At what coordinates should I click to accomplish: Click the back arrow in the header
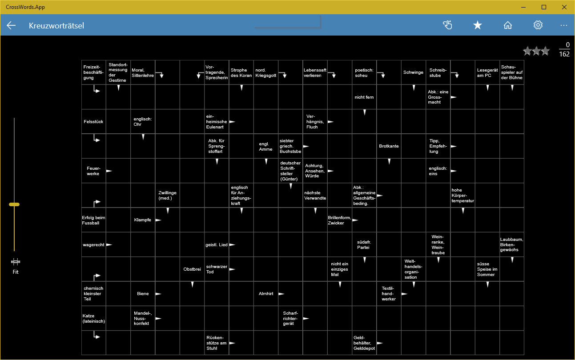(11, 25)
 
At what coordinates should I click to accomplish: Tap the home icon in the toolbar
(507, 25)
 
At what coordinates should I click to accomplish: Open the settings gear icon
(538, 25)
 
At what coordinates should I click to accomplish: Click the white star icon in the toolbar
(478, 25)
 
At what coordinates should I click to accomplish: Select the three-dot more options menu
(564, 25)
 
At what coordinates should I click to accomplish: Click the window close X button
(564, 7)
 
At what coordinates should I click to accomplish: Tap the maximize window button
(544, 7)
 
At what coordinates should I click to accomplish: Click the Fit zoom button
(16, 266)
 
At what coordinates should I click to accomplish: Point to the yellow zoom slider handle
(14, 204)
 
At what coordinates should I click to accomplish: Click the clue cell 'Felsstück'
(93, 122)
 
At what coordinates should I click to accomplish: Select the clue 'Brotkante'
(389, 146)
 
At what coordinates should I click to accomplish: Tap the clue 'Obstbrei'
(192, 269)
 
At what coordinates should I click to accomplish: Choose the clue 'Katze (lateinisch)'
(94, 318)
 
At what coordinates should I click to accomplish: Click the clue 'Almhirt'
(266, 293)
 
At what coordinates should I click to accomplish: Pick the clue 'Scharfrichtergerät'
(290, 318)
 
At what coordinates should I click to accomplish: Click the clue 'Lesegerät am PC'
(487, 72)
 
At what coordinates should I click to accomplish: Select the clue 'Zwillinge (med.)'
(167, 195)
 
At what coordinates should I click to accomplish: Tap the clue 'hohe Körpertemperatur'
(462, 195)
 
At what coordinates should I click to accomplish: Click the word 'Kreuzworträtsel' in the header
(56, 26)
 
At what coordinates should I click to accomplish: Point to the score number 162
(564, 54)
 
